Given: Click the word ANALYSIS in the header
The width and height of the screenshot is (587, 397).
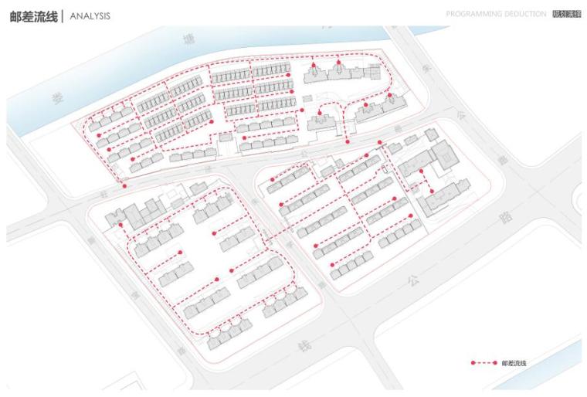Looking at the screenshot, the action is point(90,16).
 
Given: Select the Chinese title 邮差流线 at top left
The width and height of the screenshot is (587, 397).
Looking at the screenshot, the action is point(32,16).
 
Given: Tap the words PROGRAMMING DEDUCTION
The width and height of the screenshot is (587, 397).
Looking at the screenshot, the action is point(497,15).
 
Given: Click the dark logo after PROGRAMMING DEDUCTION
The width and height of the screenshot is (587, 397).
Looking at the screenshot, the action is point(567,15).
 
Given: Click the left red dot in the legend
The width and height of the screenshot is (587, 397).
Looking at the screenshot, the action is point(473,362).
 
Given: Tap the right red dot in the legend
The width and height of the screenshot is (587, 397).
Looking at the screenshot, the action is point(494,362).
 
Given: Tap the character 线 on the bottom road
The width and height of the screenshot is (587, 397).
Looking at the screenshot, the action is point(303,347).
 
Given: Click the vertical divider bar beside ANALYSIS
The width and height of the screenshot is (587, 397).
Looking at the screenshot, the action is point(63,16).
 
